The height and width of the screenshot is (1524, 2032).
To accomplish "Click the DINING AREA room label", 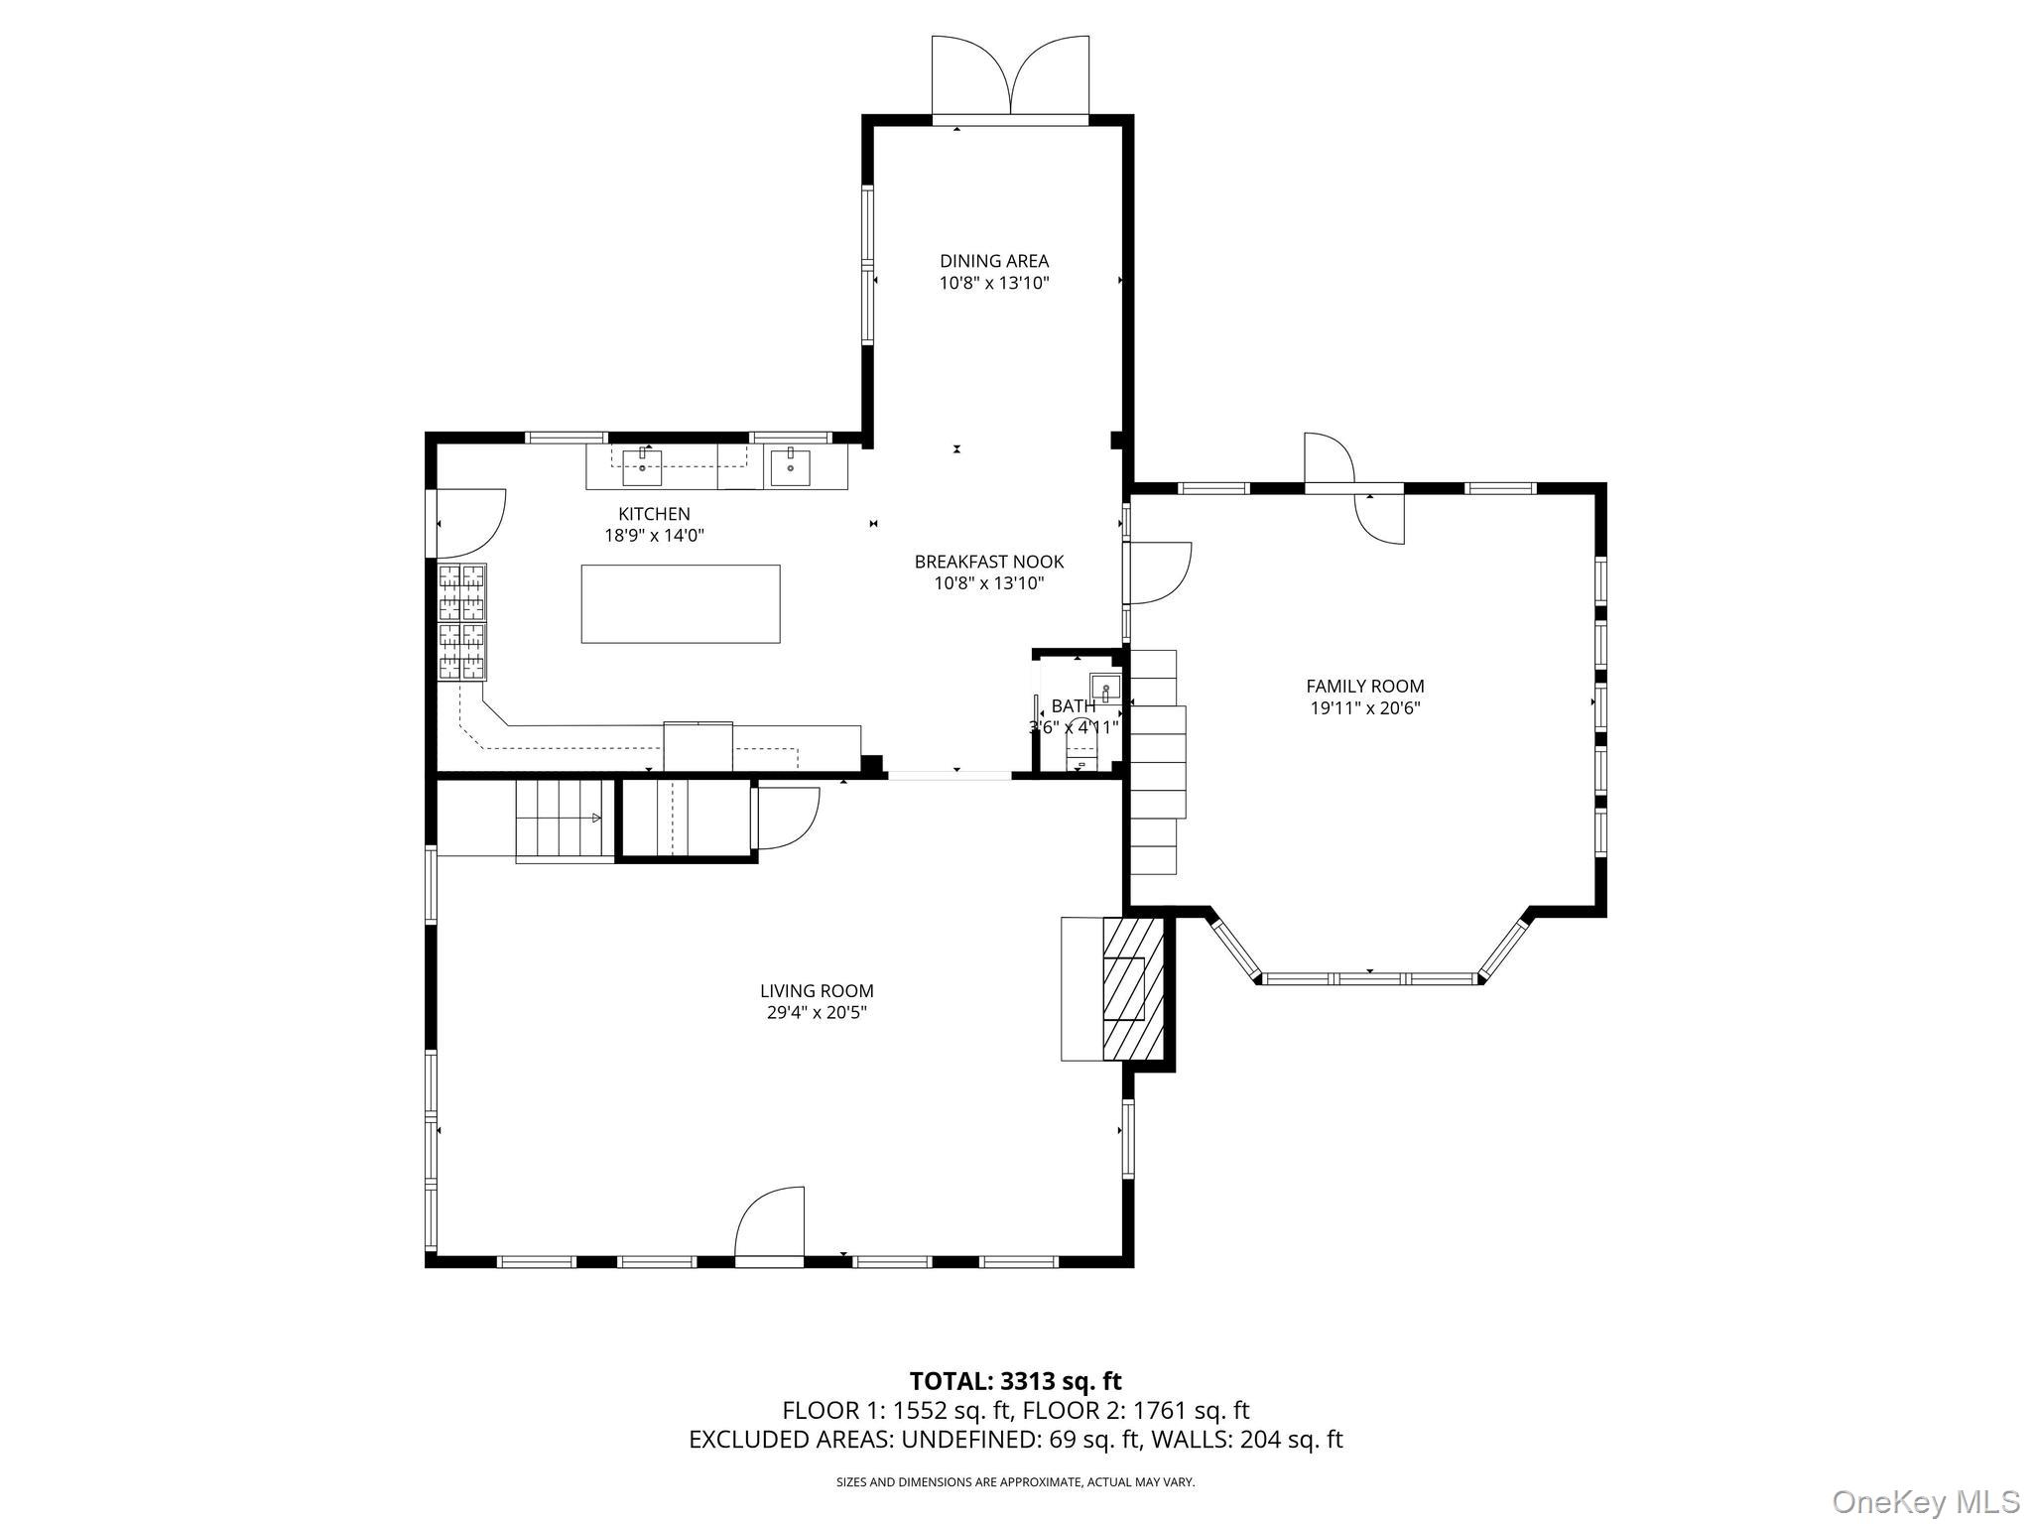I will [994, 261].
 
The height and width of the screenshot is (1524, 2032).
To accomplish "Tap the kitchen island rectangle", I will [680, 603].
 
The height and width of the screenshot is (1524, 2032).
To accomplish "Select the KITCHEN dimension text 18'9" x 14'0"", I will [654, 536].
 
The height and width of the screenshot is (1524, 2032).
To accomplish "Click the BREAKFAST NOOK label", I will [988, 562].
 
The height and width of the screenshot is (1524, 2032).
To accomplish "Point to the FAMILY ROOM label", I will [1364, 686].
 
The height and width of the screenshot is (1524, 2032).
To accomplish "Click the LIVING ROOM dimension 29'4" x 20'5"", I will [817, 1012].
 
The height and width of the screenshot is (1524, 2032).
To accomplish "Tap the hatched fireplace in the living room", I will [1132, 989].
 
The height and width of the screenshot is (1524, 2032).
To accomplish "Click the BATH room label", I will [1074, 706].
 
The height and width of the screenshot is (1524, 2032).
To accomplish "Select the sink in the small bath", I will [1104, 687].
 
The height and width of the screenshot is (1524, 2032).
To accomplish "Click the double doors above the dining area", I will [1010, 77].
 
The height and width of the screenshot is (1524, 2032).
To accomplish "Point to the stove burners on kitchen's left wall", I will [463, 622].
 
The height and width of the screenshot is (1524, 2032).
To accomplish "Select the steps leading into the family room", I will [1157, 762].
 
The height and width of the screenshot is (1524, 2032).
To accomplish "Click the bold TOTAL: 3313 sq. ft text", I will [1015, 1381].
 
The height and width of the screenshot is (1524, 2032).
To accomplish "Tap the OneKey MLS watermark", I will [1925, 1501].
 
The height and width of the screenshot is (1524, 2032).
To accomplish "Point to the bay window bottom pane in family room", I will [1369, 978].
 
